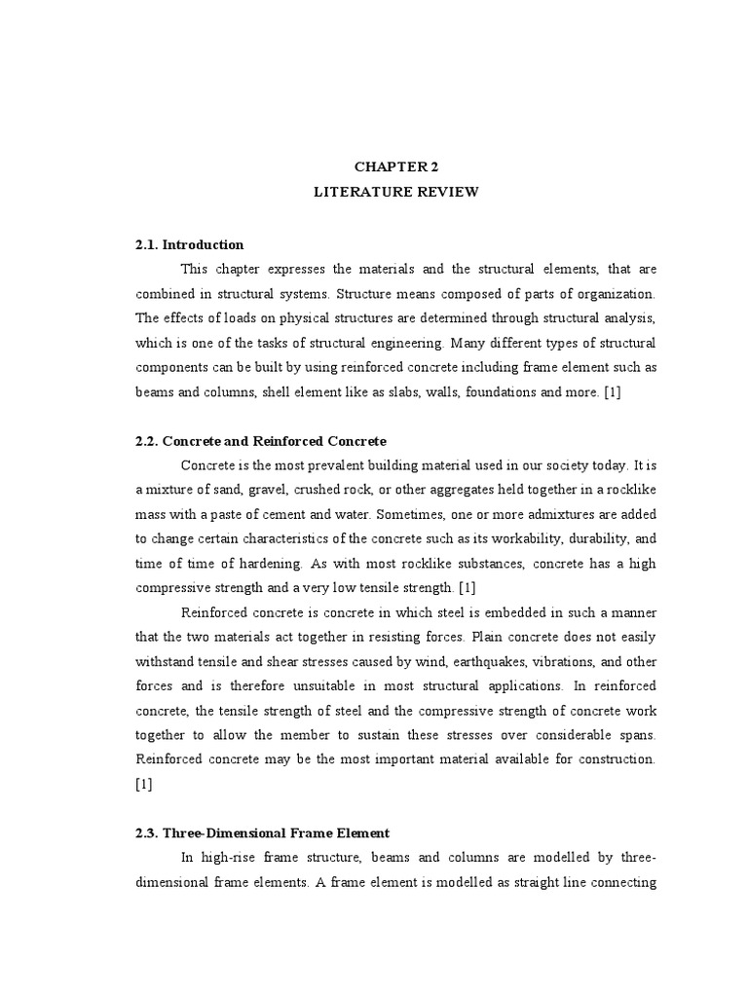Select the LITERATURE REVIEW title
395,192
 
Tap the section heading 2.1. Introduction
190,244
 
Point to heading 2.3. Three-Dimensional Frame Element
263,832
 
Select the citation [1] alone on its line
144,784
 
